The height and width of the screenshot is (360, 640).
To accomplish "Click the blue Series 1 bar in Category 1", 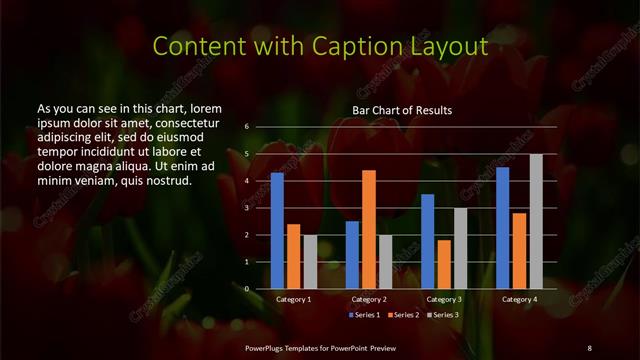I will point(277,231).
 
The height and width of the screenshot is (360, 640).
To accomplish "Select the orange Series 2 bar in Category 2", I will point(369,229).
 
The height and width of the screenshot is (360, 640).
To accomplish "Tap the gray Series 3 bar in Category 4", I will point(536,221).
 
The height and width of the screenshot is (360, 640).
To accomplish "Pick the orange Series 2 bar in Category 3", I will point(444,264).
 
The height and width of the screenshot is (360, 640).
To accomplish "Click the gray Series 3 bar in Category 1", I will point(310,262).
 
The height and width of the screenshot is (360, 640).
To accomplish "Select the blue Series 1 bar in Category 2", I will point(353,255).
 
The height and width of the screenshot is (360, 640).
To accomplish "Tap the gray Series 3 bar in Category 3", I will point(460,248).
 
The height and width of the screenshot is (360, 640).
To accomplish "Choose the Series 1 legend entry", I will point(365,315).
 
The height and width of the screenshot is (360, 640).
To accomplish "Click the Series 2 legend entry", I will point(402,315).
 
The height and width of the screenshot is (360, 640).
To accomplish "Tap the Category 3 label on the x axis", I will point(444,299).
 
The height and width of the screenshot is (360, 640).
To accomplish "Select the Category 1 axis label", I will point(294,299).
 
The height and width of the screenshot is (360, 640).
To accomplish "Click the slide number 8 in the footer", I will point(589,347).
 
